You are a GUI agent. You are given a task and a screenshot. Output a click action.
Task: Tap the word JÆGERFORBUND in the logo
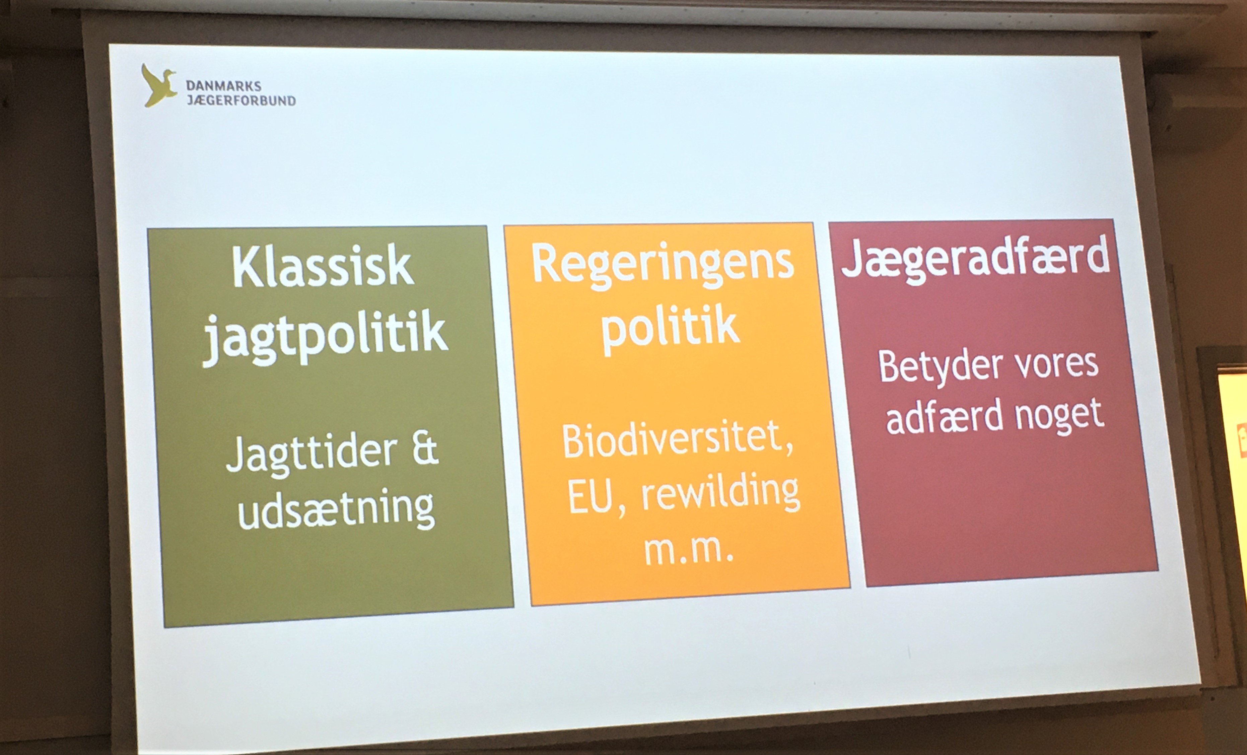(x=241, y=100)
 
